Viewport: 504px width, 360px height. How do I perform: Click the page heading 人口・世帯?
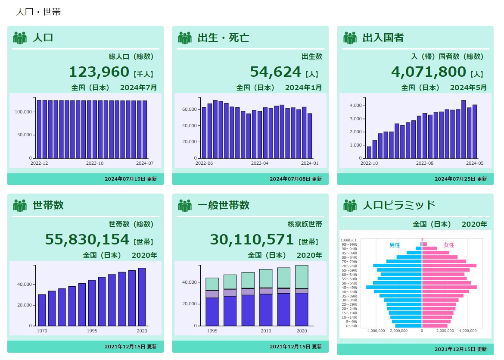(38, 12)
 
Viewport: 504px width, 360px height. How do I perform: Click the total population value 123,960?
(99, 72)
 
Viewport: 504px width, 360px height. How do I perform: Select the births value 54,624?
(275, 72)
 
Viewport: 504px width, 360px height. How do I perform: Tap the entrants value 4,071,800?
(429, 72)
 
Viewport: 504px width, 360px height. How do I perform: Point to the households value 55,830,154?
(87, 239)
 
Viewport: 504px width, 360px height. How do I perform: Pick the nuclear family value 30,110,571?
(252, 239)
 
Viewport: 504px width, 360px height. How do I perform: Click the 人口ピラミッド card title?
(399, 205)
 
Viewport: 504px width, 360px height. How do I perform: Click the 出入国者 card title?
(383, 38)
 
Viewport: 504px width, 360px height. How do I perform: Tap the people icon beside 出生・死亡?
(185, 38)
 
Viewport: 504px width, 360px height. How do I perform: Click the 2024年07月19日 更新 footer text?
(131, 179)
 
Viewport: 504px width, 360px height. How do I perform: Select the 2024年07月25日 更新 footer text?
(460, 179)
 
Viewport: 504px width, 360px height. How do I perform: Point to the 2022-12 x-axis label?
(39, 163)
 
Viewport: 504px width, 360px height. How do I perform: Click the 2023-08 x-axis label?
(424, 163)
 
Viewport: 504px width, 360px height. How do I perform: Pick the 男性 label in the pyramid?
(395, 245)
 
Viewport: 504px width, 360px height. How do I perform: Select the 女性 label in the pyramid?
(449, 245)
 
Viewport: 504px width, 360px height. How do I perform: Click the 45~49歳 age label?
(349, 287)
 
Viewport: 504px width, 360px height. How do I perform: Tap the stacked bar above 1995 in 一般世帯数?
(212, 302)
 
